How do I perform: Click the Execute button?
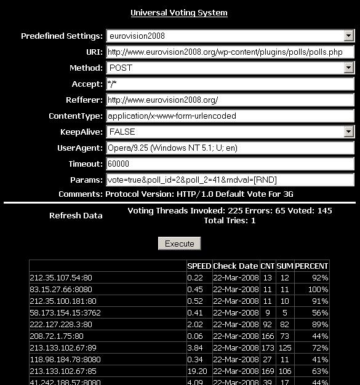point(180,244)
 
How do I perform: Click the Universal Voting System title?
point(179,12)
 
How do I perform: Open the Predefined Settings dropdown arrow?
point(349,36)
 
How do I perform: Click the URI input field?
point(231,52)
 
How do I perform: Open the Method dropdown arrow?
point(349,68)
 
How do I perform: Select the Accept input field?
point(231,84)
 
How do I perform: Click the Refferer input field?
point(231,100)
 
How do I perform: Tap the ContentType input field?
point(231,116)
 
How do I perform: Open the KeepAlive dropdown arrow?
point(349,132)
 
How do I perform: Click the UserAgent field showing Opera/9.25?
point(231,148)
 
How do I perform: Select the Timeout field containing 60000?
point(231,164)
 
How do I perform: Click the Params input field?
point(231,180)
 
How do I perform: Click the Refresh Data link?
point(76,215)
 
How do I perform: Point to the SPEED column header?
point(199,266)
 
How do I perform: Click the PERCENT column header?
point(311,266)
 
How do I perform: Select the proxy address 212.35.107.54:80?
point(60,278)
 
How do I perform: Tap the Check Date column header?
point(235,266)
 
